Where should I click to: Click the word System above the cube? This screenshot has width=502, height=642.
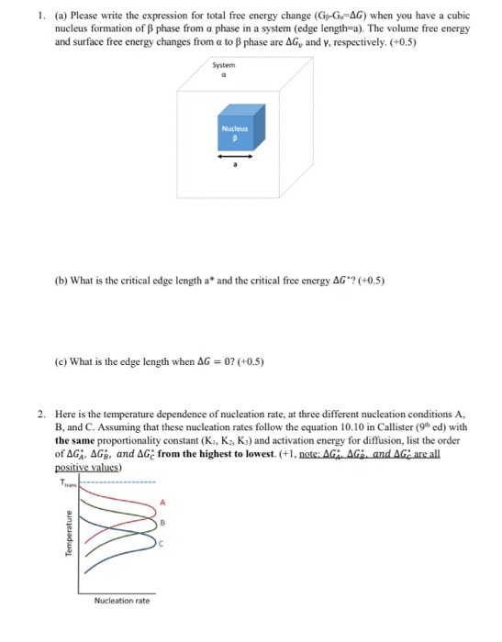223,65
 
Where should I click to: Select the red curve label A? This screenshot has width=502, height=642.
162,503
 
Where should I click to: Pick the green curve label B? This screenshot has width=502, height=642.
162,524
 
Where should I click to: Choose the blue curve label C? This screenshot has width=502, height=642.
162,546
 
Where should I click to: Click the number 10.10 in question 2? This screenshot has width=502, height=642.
327,426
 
